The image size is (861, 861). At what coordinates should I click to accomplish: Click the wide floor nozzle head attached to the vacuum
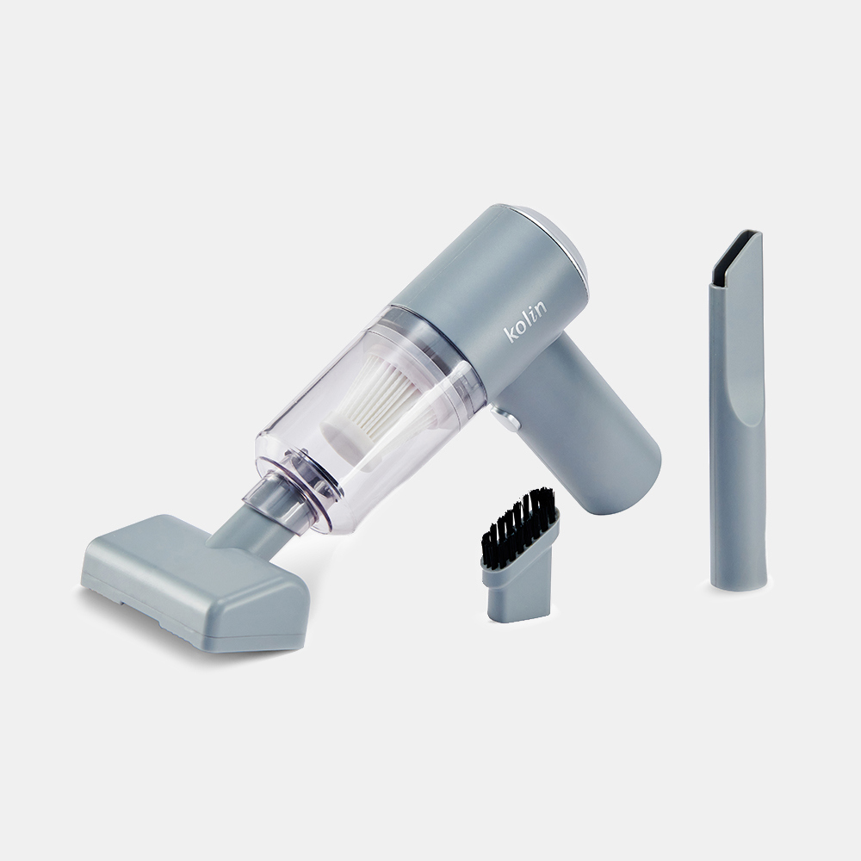[195, 583]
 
